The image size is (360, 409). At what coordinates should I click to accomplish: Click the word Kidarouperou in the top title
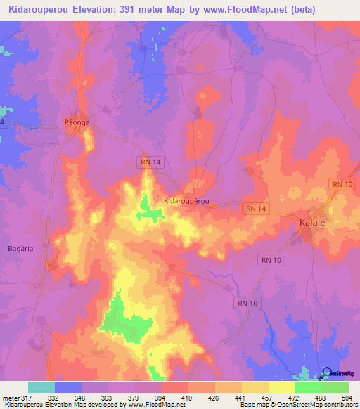click(40, 10)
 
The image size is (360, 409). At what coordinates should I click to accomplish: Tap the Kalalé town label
click(307, 223)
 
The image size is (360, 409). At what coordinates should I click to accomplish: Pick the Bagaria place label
click(20, 248)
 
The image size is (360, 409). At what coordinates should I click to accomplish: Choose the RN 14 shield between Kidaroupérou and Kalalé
click(257, 208)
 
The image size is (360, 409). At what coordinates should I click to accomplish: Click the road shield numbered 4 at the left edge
click(3, 122)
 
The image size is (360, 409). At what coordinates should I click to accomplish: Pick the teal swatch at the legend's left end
click(41, 387)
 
